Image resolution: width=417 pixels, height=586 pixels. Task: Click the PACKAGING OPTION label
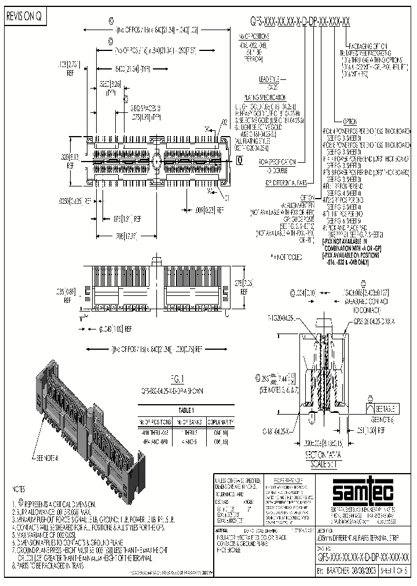368,46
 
